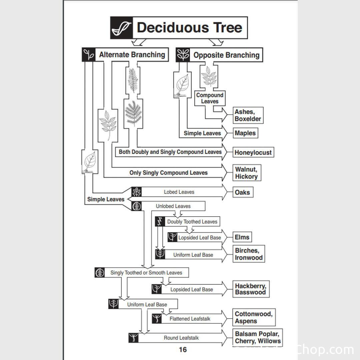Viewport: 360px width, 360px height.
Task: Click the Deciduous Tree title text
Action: click(x=189, y=28)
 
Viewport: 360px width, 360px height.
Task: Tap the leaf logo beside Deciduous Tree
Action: click(x=121, y=28)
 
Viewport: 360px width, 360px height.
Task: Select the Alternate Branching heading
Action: click(x=132, y=55)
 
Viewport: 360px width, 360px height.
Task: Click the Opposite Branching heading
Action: click(x=226, y=55)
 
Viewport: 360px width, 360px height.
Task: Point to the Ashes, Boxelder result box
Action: click(x=248, y=115)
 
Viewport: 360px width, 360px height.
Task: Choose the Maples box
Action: click(x=245, y=133)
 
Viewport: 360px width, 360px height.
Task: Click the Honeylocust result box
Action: click(x=253, y=153)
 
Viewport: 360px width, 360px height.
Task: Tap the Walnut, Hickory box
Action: click(x=246, y=173)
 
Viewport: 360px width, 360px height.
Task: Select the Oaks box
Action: click(x=242, y=192)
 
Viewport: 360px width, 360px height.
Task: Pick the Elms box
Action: click(x=242, y=237)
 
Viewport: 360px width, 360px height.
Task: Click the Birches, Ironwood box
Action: click(x=249, y=254)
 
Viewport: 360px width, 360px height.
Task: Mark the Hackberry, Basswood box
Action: click(x=250, y=289)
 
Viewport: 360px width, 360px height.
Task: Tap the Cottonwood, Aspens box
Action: click(x=254, y=317)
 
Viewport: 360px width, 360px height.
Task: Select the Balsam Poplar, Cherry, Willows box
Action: click(x=258, y=337)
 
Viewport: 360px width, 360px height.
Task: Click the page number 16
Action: click(x=183, y=349)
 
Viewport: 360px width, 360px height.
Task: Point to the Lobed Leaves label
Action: click(x=179, y=192)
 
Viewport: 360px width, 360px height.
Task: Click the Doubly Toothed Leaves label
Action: click(x=192, y=222)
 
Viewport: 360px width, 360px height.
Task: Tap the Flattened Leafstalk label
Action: click(x=190, y=319)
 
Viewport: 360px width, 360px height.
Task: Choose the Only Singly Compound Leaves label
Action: click(x=168, y=173)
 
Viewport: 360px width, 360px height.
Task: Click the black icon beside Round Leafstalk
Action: click(x=133, y=338)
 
